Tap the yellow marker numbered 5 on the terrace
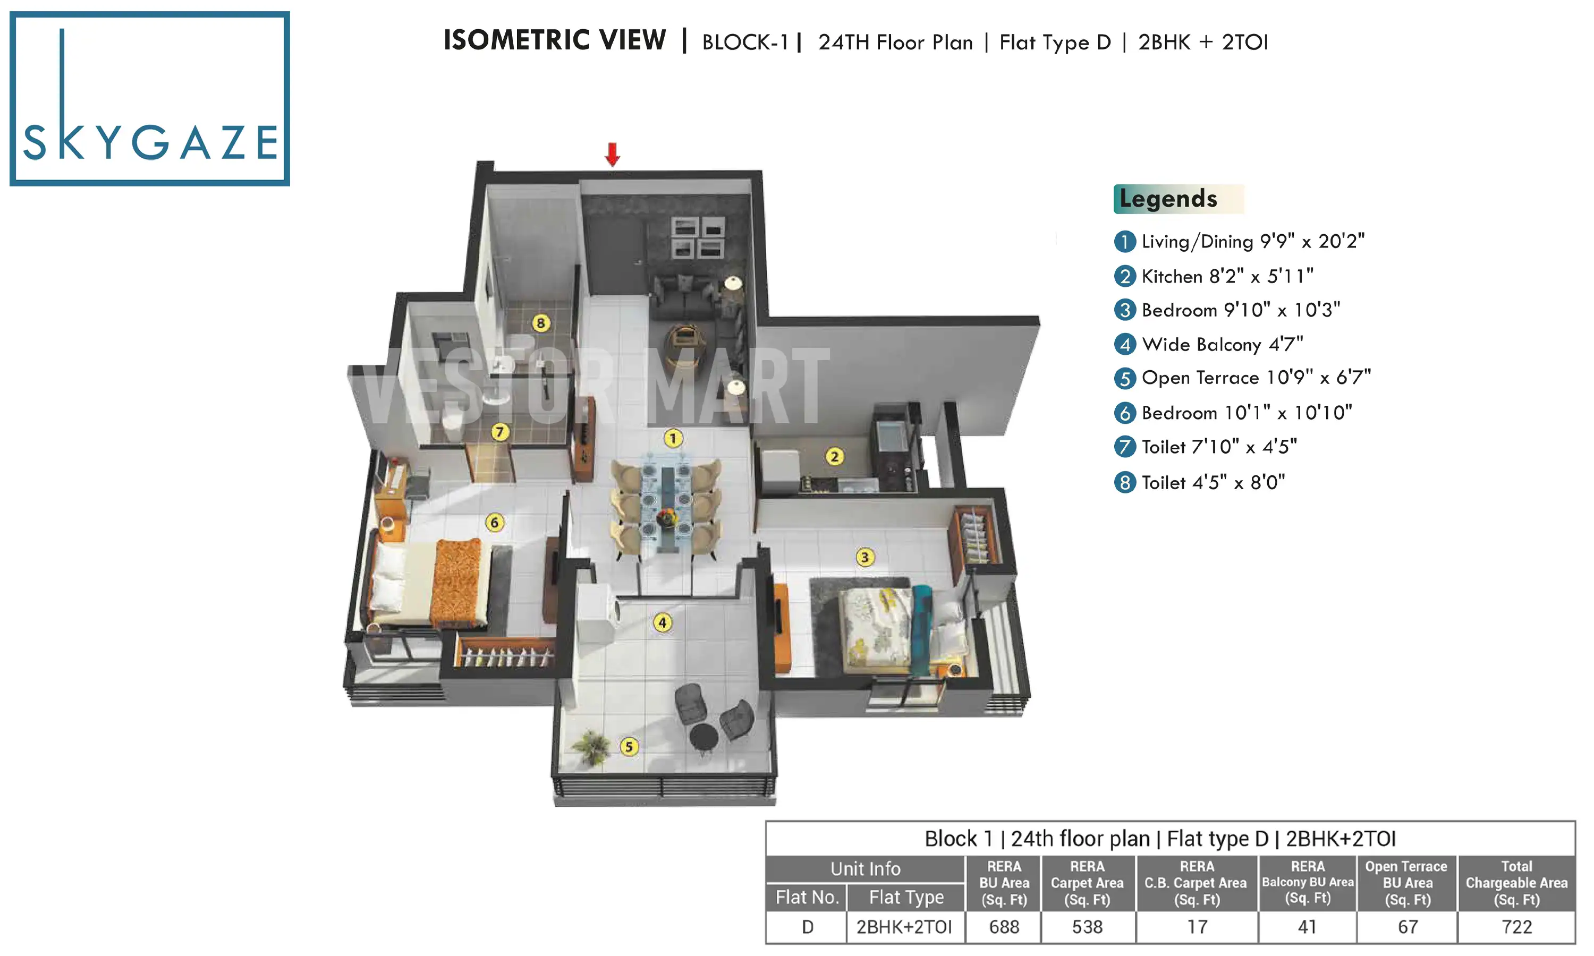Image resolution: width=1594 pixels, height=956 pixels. (629, 747)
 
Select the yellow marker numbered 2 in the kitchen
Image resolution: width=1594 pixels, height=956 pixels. (834, 457)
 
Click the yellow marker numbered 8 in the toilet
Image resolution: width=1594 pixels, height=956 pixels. (540, 323)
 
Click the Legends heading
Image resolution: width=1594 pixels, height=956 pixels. (1167, 199)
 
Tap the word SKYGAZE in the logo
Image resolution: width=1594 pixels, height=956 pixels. (151, 142)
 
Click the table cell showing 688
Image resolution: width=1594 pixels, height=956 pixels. (1003, 926)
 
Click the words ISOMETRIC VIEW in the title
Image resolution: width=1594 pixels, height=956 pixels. (554, 40)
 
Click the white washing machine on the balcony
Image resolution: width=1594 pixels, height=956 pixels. (597, 613)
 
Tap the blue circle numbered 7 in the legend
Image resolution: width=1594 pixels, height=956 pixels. (1124, 447)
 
